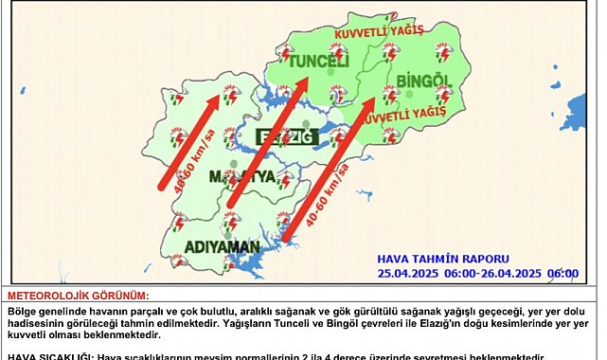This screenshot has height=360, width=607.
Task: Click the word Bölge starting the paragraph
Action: (x=24, y=310)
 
